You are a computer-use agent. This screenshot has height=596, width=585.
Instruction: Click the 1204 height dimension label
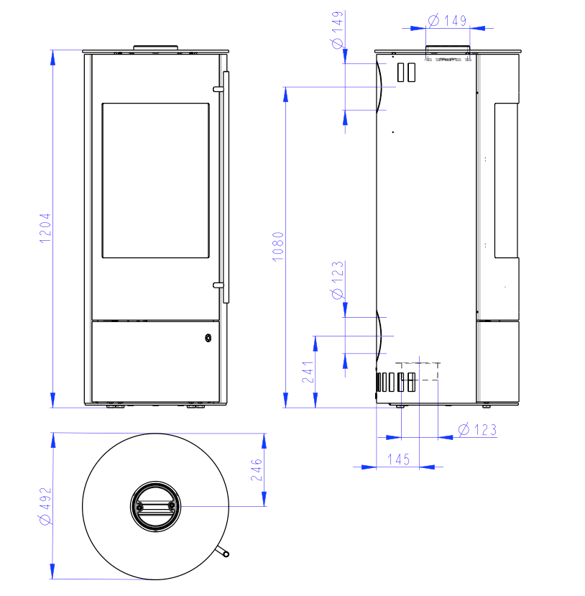(45, 228)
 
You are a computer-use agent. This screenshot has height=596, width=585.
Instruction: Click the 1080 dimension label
(278, 247)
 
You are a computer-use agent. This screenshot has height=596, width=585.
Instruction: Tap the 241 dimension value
(308, 372)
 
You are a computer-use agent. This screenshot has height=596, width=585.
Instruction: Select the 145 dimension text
(398, 459)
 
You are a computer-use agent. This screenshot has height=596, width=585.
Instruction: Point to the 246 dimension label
(257, 469)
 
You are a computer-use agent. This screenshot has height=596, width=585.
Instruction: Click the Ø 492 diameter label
(45, 506)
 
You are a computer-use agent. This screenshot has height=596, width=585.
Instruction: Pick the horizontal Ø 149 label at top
(447, 21)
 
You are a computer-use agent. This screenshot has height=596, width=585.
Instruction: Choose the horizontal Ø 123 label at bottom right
(477, 430)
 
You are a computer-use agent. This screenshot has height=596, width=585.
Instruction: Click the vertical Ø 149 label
(338, 30)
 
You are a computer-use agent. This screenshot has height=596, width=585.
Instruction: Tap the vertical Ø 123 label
(338, 280)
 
